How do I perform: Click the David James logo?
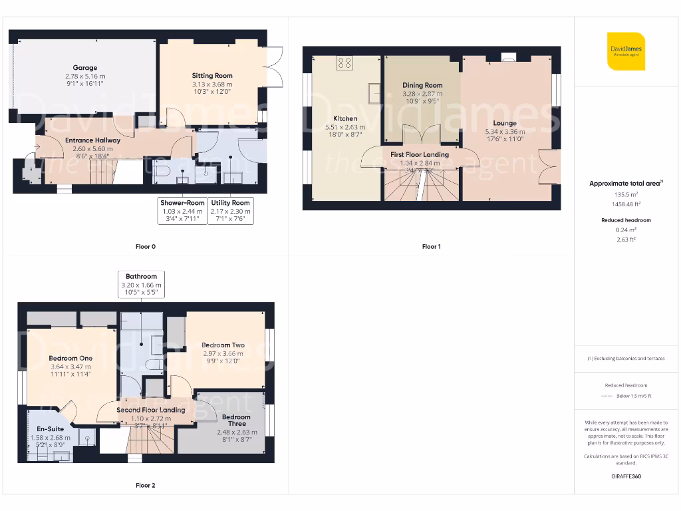point(626,51)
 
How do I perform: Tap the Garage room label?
point(85,68)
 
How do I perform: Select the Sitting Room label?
point(212,76)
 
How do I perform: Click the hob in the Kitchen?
point(344,63)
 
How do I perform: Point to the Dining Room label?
point(422,85)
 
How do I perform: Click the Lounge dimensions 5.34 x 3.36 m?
point(505,131)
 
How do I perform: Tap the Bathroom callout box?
point(141,284)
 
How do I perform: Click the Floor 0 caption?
point(145,247)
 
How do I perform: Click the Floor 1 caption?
point(431,247)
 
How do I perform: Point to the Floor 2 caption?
point(145,486)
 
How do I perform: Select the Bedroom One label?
point(70,358)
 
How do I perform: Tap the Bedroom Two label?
point(223,345)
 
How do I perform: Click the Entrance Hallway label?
point(92,140)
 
